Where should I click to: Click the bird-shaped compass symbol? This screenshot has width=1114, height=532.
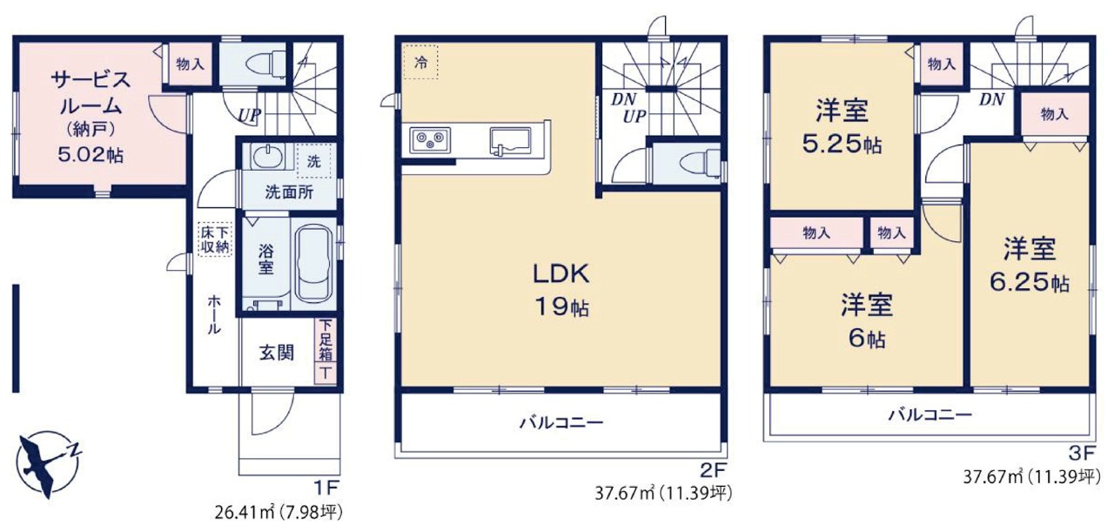pyautogui.click(x=47, y=464)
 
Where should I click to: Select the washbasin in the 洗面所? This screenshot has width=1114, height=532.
pyautogui.click(x=267, y=158)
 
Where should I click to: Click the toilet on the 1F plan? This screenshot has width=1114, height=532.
pyautogui.click(x=266, y=64)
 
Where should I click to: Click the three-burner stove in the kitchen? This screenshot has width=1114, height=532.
pyautogui.click(x=430, y=140)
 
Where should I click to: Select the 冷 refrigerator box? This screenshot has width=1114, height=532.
pyautogui.click(x=420, y=62)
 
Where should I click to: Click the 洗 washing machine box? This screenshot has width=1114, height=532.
pyautogui.click(x=314, y=161)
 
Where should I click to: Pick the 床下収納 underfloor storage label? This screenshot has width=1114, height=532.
pyautogui.click(x=216, y=239)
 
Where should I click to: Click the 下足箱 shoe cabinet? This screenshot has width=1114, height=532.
pyautogui.click(x=325, y=340)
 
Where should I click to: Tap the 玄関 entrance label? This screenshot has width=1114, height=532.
pyautogui.click(x=277, y=353)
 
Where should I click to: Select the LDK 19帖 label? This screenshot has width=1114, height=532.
pyautogui.click(x=562, y=291)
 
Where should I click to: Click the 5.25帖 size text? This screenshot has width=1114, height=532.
pyautogui.click(x=842, y=145)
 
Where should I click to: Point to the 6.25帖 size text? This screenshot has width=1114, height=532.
pyautogui.click(x=1029, y=283)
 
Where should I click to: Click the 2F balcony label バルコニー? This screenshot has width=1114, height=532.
pyautogui.click(x=561, y=423)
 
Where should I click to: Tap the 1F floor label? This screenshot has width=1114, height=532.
pyautogui.click(x=326, y=488)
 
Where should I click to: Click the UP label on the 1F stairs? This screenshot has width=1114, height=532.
pyautogui.click(x=249, y=116)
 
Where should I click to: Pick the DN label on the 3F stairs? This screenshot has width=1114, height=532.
pyautogui.click(x=992, y=99)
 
